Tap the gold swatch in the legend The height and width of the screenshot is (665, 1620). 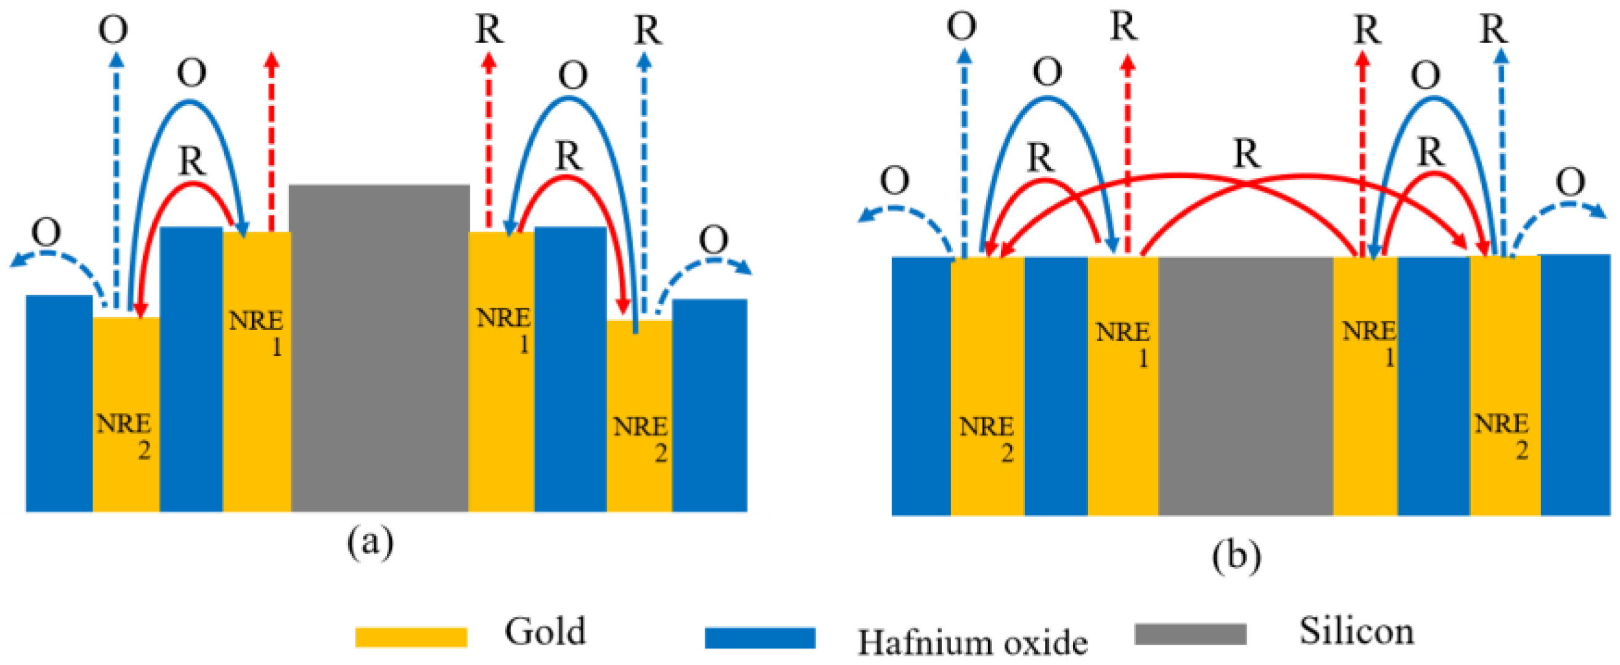(411, 636)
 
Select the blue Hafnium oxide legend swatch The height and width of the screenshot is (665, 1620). (759, 637)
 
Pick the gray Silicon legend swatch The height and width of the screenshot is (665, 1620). (1190, 634)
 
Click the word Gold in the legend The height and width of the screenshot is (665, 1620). (545, 631)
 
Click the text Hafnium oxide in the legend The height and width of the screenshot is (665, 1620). (972, 642)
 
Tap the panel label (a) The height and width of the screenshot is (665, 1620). (370, 542)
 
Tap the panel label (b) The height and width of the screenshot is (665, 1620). (1236, 555)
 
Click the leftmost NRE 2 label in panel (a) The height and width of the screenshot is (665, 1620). (124, 436)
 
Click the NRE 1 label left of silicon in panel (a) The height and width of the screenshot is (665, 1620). (257, 332)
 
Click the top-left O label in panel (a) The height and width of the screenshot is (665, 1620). (113, 29)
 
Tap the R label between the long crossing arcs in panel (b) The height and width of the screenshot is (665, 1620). (1247, 154)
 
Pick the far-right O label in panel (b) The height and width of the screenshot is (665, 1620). (1570, 182)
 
